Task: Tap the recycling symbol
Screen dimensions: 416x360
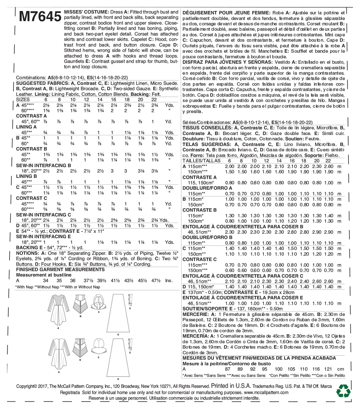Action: [x=343, y=391]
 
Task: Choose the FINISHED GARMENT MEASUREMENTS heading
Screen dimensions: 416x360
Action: [x=60, y=269]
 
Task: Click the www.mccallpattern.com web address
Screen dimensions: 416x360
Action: [x=266, y=392]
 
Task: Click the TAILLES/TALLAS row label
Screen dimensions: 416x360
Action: [x=201, y=161]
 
